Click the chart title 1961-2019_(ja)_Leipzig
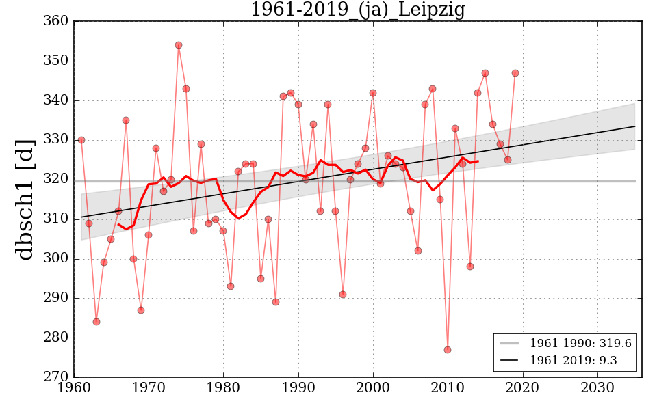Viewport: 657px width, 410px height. [x=357, y=10]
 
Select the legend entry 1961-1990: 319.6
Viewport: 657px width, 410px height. [x=565, y=343]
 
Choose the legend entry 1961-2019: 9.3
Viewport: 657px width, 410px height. [x=565, y=360]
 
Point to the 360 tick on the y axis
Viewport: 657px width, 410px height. [x=57, y=21]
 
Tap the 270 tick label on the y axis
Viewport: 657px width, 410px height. [x=57, y=377]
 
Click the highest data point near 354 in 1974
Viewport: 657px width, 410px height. [x=179, y=45]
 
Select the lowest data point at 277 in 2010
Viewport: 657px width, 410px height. [x=448, y=350]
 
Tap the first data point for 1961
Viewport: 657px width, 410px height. [x=81, y=140]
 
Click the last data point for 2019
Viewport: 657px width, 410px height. [x=515, y=73]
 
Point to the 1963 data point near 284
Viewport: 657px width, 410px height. [x=96, y=322]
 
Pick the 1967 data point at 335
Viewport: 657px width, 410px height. [x=126, y=120]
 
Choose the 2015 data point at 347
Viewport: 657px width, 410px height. [x=485, y=73]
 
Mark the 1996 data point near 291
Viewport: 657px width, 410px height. [x=343, y=295]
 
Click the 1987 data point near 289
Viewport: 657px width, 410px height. [x=276, y=302]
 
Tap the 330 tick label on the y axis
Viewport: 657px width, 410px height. [x=57, y=140]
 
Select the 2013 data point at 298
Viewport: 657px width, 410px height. [x=470, y=266]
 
